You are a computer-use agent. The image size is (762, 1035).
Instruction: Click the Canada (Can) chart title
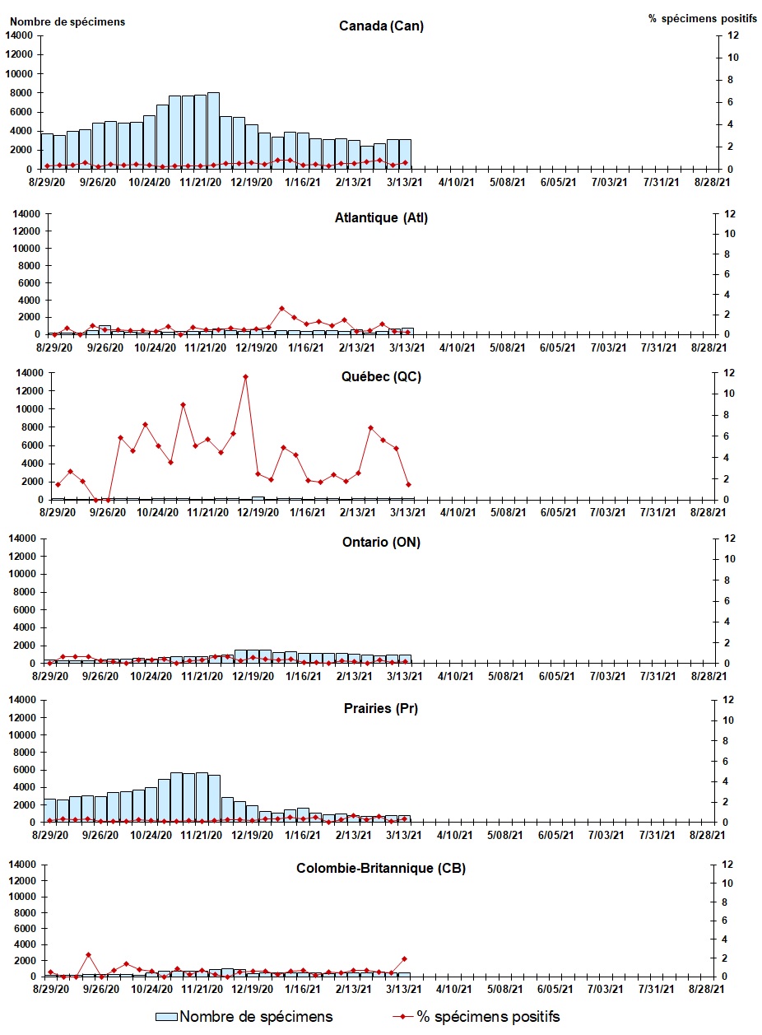point(381,26)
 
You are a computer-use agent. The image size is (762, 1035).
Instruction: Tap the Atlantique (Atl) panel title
point(381,218)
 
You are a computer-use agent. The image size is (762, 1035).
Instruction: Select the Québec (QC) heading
point(381,377)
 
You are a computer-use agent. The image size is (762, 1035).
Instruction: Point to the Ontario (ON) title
point(381,542)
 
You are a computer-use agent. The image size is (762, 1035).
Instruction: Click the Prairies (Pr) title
point(381,708)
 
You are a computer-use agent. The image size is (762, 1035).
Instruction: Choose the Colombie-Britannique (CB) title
point(381,869)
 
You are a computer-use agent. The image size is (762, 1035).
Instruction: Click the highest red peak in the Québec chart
point(245,377)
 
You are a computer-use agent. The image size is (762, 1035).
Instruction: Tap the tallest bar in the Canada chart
point(213,132)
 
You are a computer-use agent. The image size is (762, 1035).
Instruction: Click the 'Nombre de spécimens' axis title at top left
point(67,21)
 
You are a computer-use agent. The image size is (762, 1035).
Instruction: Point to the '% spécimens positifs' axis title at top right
point(695,18)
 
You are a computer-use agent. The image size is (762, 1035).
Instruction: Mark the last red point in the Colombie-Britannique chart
point(404,958)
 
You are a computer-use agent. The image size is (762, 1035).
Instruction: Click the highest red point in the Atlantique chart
point(282,309)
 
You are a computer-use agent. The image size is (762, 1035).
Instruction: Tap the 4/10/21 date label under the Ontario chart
point(456,675)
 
